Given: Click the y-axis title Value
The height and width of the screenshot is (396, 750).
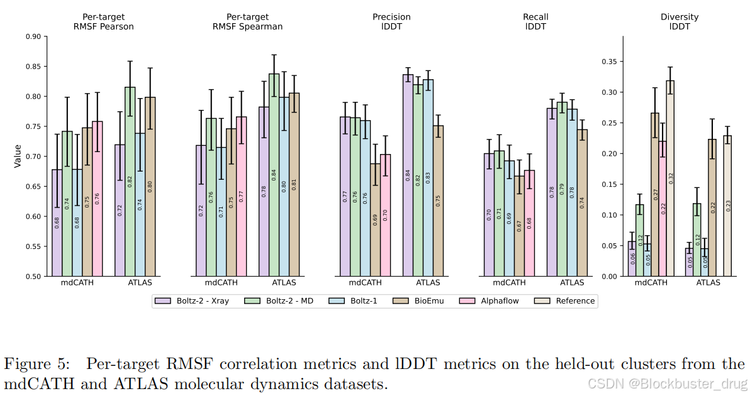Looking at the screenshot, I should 18,156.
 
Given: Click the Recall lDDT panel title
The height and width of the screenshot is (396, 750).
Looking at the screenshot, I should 535,21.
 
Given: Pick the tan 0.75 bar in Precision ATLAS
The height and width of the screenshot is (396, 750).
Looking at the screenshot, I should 439,201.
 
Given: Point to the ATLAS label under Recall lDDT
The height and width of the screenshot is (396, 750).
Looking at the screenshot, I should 572,283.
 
